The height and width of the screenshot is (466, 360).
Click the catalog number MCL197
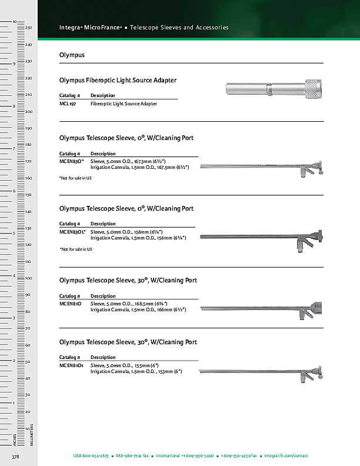tap(68, 104)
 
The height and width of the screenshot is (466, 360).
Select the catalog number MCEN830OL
tap(72, 232)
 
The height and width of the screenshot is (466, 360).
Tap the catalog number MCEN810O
tap(71, 303)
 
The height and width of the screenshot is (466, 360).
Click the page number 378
tap(15, 457)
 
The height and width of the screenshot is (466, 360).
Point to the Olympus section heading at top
tap(72, 55)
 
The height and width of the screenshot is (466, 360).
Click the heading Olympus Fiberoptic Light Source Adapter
tap(118, 80)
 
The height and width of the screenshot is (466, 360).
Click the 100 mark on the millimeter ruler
tap(28, 278)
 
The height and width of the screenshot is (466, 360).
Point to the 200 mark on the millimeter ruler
tap(28, 111)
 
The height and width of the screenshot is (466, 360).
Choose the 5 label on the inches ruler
tap(14, 233)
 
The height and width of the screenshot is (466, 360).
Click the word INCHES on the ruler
tap(15, 440)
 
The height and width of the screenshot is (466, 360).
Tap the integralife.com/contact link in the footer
tap(286, 456)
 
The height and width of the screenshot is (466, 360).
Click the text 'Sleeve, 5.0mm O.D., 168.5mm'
tap(129, 303)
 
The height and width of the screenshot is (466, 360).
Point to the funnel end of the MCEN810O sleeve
tap(316, 308)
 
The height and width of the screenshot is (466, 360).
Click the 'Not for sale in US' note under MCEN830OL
tap(76, 249)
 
